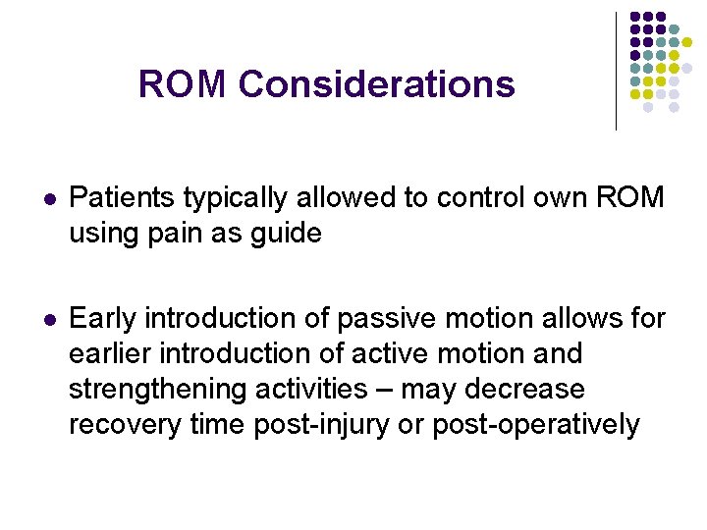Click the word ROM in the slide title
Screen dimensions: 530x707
183,84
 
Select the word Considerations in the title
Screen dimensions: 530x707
376,84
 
